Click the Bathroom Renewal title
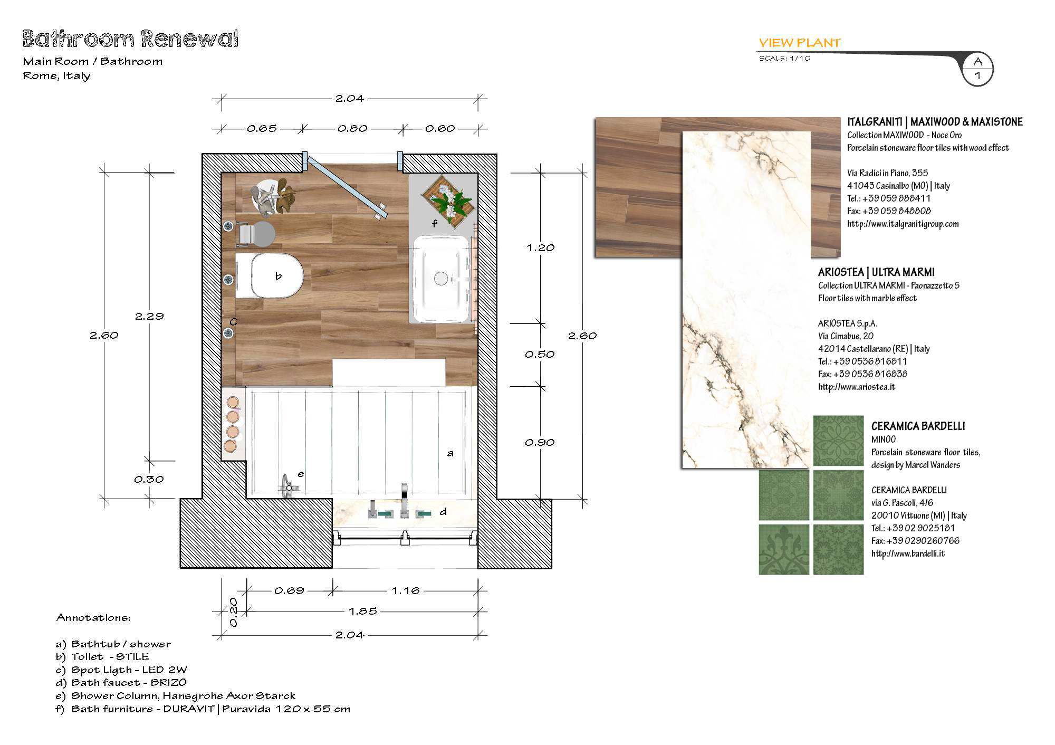(130, 39)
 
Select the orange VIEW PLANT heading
(800, 43)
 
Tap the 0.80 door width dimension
(352, 128)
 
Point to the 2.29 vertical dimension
(149, 316)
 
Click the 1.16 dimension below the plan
(405, 590)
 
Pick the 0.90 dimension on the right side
(540, 442)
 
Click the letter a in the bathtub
(450, 453)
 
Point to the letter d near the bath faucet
(443, 511)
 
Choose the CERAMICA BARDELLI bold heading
(918, 426)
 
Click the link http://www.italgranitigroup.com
(903, 224)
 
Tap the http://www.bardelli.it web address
(908, 553)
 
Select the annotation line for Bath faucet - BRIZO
(121, 683)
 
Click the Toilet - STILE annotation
(102, 657)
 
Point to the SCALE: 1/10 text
(784, 58)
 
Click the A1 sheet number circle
(977, 69)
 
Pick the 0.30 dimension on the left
(149, 479)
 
